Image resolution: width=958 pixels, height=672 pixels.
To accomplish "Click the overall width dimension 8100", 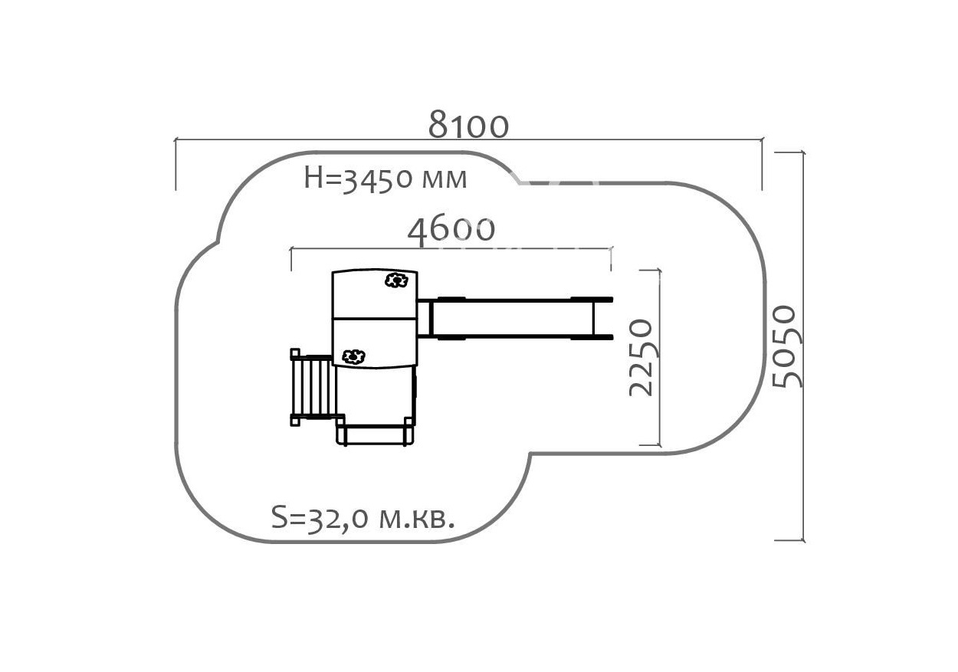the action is pos(468,125).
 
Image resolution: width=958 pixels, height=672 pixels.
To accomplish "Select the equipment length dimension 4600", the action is pos(451,230).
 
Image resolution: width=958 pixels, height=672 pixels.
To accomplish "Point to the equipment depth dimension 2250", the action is pos(641,357).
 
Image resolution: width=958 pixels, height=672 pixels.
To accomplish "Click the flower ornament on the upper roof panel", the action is pos(395,280).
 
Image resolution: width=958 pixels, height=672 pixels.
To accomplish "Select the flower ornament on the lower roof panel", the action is pos(353,356).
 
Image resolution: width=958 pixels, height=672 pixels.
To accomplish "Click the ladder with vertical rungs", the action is pos(313,387).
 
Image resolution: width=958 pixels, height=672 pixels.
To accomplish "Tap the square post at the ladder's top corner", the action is pos(295,353).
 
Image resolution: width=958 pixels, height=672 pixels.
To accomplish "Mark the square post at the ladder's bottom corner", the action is pos(295,420).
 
